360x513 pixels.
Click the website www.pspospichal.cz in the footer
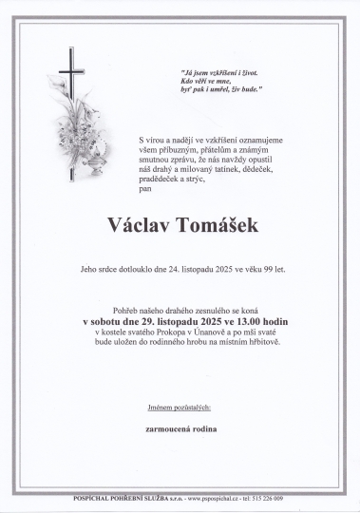point(215,497)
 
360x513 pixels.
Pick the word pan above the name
point(144,190)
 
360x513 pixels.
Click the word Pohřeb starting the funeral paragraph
point(124,311)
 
